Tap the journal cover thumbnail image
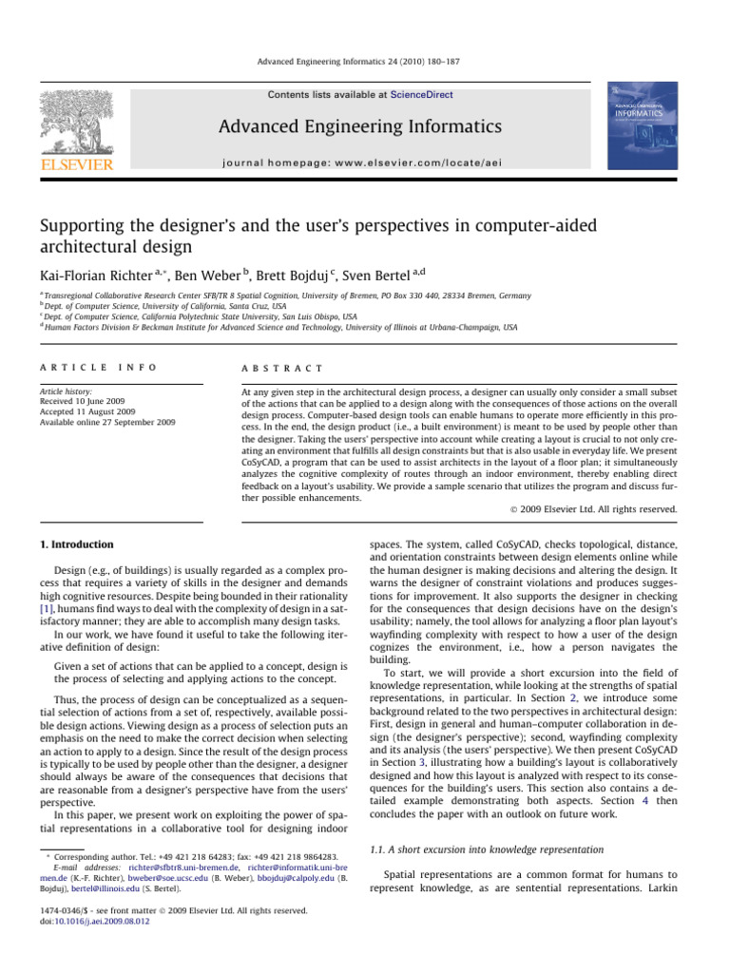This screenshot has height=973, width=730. [x=642, y=129]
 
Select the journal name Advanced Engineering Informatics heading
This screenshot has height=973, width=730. [x=359, y=127]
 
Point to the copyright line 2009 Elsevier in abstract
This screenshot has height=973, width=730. [x=608, y=509]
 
